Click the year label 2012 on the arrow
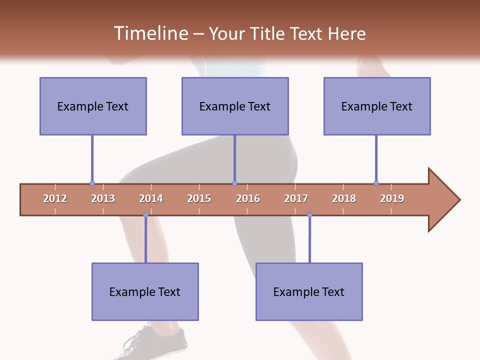55,198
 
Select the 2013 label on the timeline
103,198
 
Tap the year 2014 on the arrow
151,198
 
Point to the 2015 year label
199,198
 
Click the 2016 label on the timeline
248,198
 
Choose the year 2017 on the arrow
296,198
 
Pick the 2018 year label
344,198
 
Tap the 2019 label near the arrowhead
392,198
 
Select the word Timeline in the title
150,33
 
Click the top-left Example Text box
93,106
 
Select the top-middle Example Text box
235,106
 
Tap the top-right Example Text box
377,106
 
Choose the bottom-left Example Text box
145,291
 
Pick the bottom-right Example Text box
309,291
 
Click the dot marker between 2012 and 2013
92,183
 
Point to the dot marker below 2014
145,215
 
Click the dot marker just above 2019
376,183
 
